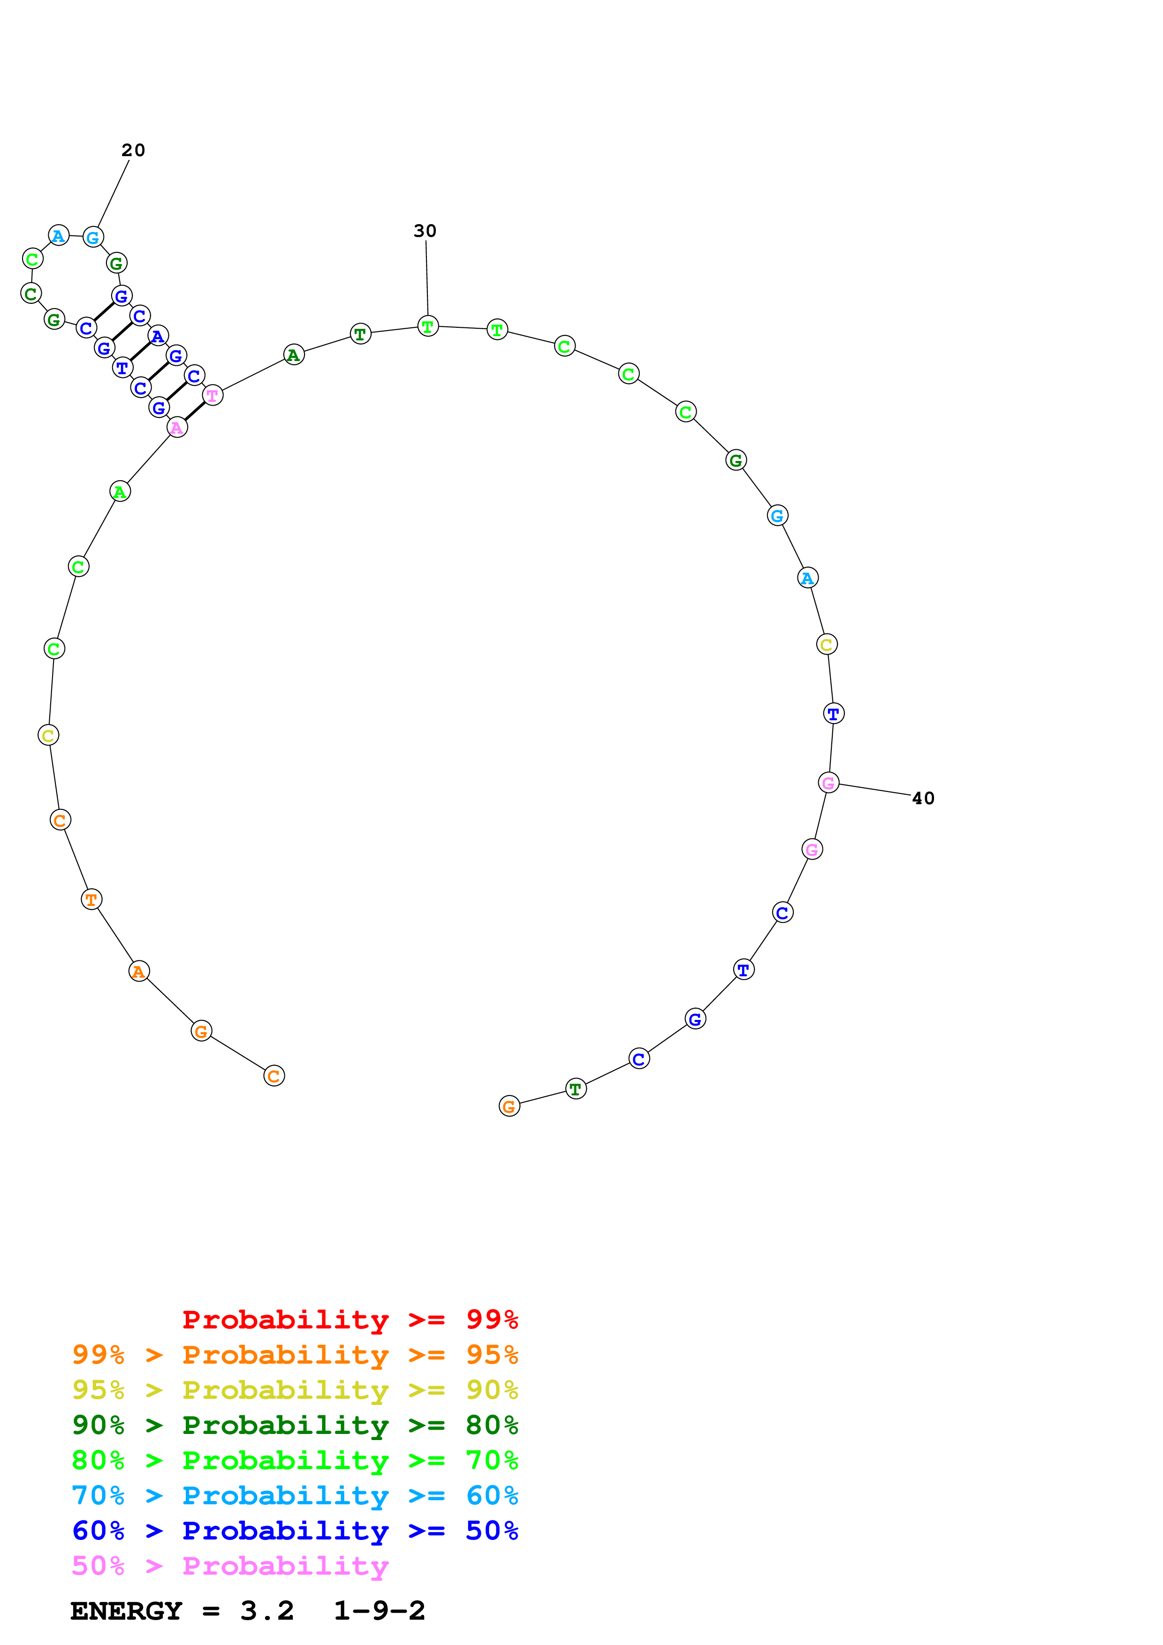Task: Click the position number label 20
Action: pos(133,151)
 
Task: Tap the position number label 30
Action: pos(425,231)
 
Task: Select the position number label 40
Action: pos(923,798)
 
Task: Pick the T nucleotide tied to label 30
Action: pos(428,327)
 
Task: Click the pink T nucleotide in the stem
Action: pos(213,395)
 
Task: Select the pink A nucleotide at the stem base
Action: pos(177,428)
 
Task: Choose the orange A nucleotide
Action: pos(139,972)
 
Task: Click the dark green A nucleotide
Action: pos(294,355)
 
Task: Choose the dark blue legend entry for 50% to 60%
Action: pos(295,1531)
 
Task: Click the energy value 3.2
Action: pos(266,1611)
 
